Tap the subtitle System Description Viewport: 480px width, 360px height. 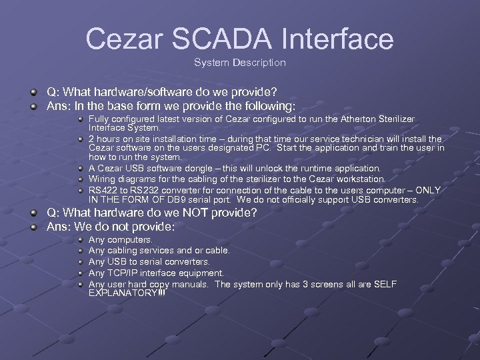click(240, 63)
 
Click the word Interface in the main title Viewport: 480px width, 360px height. click(338, 39)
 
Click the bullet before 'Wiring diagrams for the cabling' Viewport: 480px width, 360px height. click(81, 179)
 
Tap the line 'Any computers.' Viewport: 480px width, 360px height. click(120, 239)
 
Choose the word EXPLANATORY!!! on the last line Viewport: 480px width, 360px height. click(127, 293)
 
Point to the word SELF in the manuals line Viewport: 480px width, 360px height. click(385, 284)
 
